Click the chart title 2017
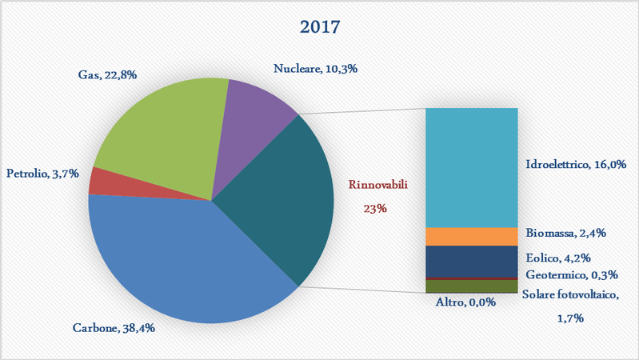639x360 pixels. point(320,26)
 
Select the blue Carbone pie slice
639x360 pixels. point(184,256)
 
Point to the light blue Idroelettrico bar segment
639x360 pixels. point(471,168)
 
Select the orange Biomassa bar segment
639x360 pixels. point(471,237)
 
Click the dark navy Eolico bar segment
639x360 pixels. point(471,261)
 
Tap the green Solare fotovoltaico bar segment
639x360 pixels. point(471,286)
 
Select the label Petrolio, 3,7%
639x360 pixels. point(42,173)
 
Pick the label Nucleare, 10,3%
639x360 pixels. point(315,70)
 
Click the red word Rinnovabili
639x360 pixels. point(379,185)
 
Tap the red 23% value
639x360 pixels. point(374,208)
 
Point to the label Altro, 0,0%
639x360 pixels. point(465,302)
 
